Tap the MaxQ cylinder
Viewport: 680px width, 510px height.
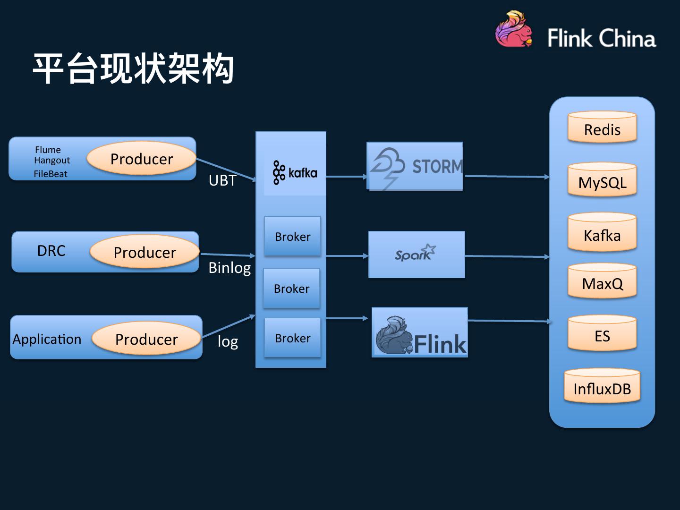(x=602, y=282)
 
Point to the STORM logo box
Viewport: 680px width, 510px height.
(x=415, y=166)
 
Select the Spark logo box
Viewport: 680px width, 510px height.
(x=416, y=255)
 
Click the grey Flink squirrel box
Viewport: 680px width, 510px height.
(x=420, y=332)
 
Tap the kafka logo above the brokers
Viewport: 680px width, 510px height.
(x=295, y=173)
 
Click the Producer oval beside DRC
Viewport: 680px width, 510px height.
(x=144, y=252)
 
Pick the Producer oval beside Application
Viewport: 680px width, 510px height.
(x=146, y=339)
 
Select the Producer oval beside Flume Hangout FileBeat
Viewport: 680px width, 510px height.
(x=142, y=159)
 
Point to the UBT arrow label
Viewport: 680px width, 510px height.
(x=222, y=180)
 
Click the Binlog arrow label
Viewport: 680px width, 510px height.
(x=229, y=268)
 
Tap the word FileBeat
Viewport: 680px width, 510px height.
(x=51, y=174)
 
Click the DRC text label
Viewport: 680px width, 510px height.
(x=51, y=251)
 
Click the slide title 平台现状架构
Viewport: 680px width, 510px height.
(x=133, y=69)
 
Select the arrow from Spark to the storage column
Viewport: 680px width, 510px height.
(x=507, y=256)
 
